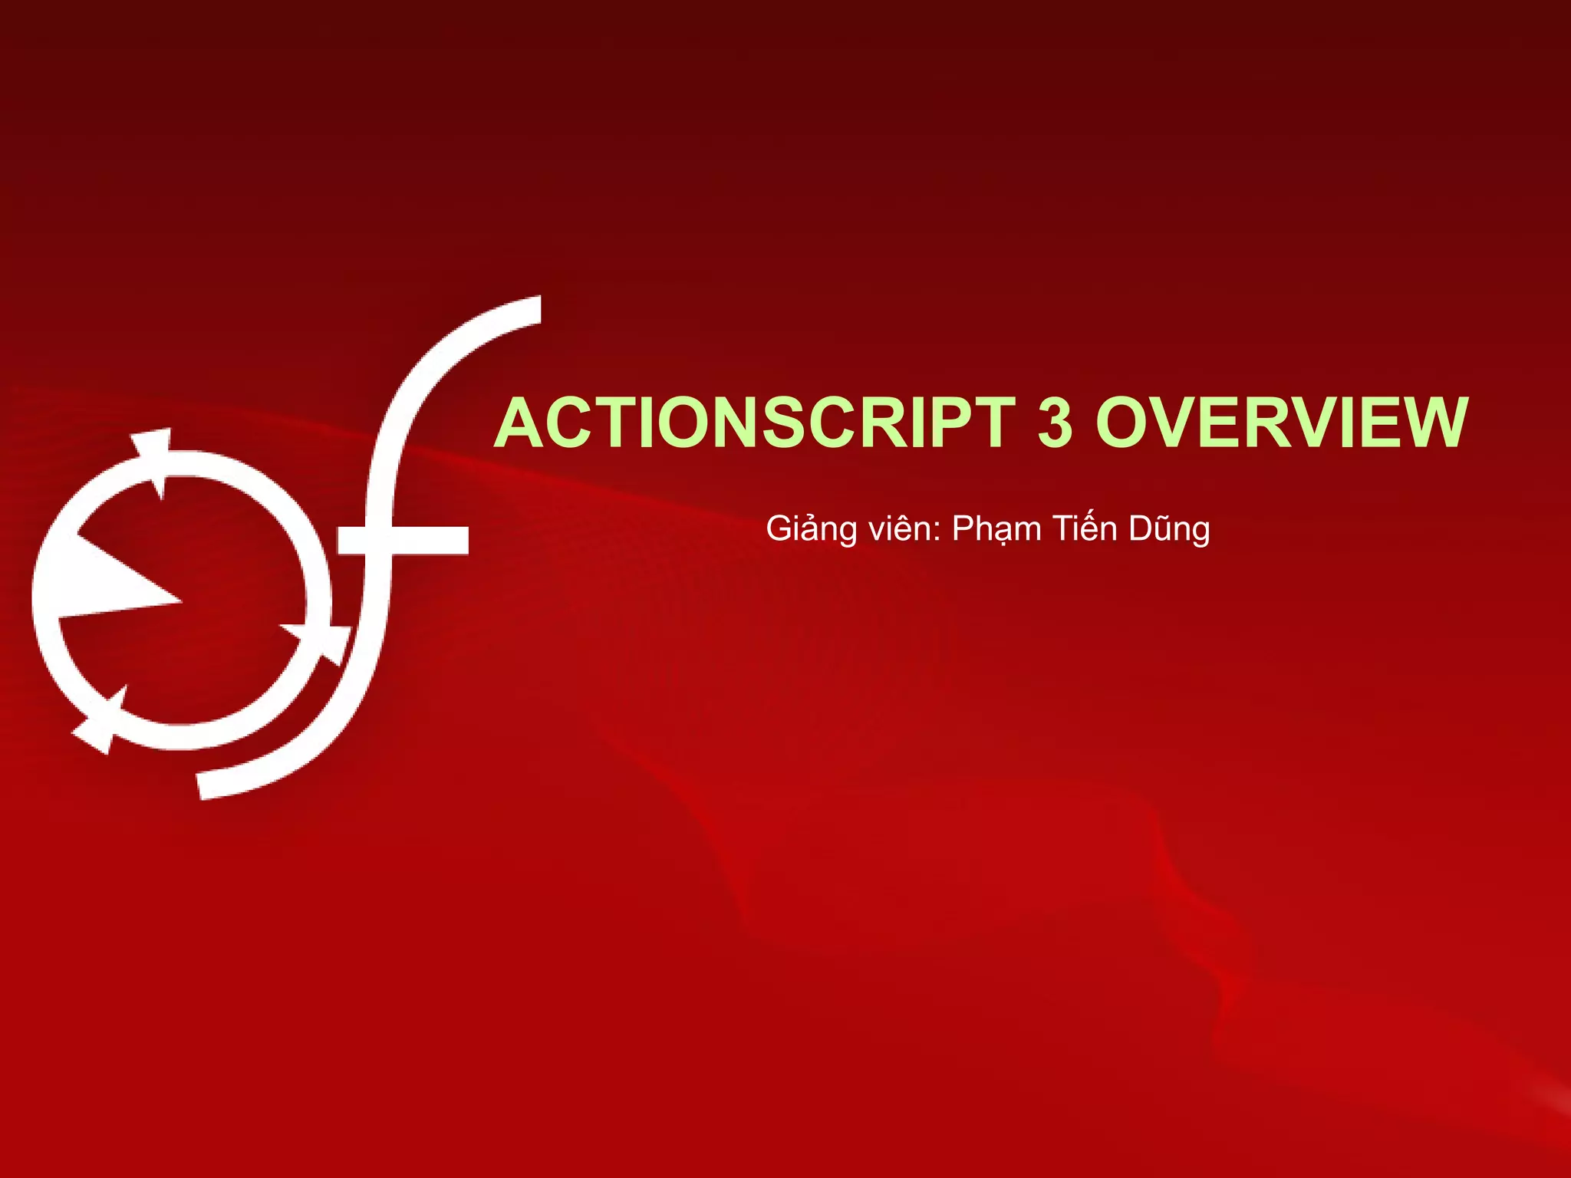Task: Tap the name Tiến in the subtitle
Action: pyautogui.click(x=1085, y=529)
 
